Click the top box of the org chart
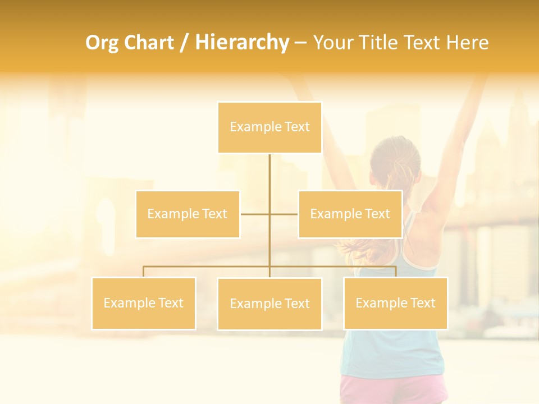(x=269, y=127)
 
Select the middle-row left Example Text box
(x=188, y=214)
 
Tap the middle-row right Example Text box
(x=350, y=214)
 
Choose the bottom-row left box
(x=143, y=303)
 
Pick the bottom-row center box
(x=269, y=304)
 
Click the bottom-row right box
(x=395, y=303)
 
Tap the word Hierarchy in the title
(x=241, y=43)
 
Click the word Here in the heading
(x=468, y=43)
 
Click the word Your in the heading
(x=332, y=43)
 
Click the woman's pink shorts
(x=393, y=390)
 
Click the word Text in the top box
(x=297, y=127)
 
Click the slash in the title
(x=185, y=43)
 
